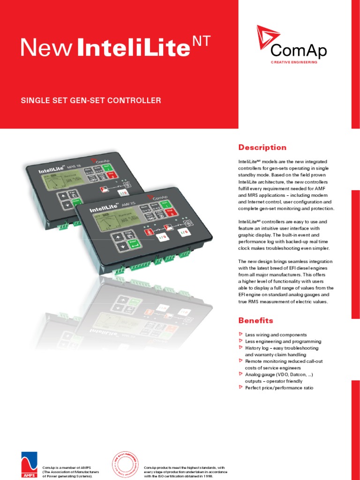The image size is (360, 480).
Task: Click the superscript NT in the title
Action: click(x=202, y=42)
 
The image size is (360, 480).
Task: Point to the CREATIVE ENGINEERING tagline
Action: click(x=294, y=62)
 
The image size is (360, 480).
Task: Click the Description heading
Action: click(x=262, y=147)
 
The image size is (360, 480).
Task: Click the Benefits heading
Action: click(x=255, y=321)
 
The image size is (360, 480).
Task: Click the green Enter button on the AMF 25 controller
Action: click(x=133, y=244)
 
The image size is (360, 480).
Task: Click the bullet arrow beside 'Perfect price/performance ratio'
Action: click(x=241, y=387)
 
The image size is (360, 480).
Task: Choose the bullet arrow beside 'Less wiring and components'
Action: click(x=241, y=334)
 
